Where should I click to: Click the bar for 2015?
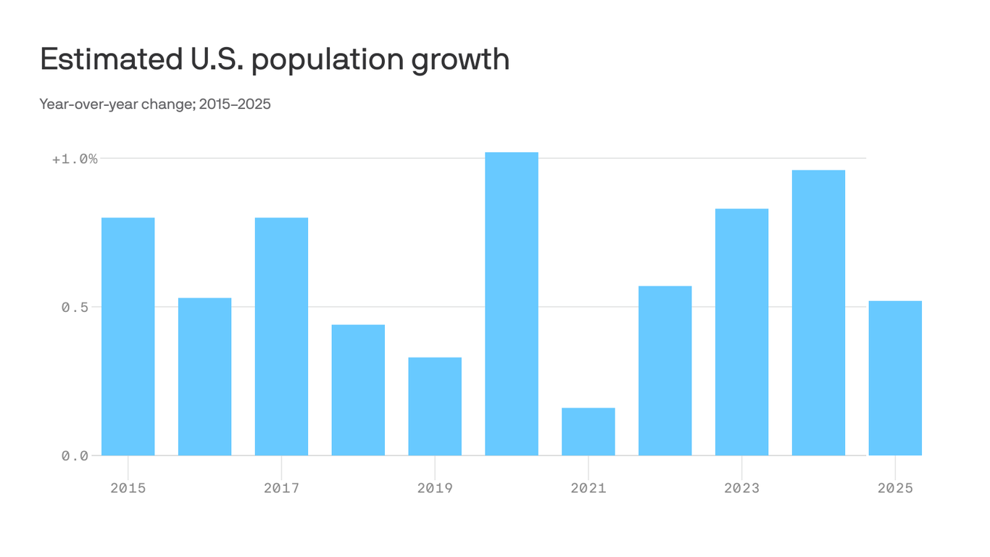pos(128,337)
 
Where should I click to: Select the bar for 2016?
pos(204,376)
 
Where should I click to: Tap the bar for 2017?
pos(281,337)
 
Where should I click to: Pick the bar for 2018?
pos(358,390)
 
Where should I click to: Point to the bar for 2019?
pos(435,406)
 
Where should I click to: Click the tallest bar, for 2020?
pos(512,304)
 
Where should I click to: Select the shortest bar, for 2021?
pos(588,432)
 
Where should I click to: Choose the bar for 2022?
pos(665,371)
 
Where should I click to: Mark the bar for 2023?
pos(741,332)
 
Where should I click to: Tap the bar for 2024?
pos(818,313)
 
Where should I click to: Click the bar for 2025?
pos(895,378)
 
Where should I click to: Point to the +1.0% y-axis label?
pos(75,159)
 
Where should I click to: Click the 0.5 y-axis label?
pos(75,308)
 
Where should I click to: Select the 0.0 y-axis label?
pos(75,456)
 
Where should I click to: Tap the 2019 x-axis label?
pos(435,488)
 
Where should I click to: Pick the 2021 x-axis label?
pos(588,488)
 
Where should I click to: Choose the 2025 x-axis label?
pos(895,488)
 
